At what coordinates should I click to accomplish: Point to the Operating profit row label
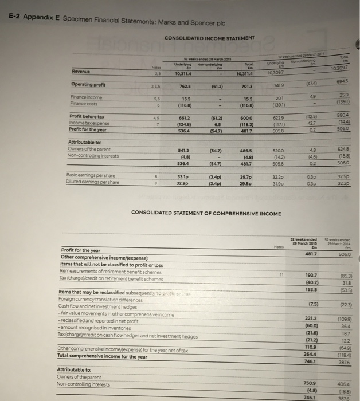(x=87, y=84)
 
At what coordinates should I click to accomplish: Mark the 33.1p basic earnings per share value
(x=185, y=178)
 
